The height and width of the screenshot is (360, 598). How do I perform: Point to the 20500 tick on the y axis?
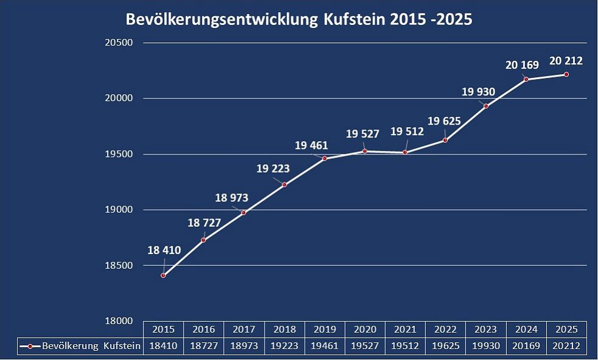[x=120, y=43]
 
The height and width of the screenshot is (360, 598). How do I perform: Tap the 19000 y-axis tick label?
[x=120, y=210]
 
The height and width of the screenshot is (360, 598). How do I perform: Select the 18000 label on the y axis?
[x=120, y=321]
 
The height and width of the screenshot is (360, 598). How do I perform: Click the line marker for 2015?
[x=163, y=275]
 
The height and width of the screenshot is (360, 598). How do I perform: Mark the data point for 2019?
[x=324, y=158]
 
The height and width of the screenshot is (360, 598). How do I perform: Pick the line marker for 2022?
[x=445, y=140]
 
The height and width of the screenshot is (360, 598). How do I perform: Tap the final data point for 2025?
[x=566, y=74]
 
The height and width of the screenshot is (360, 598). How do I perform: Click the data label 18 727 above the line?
[x=203, y=223]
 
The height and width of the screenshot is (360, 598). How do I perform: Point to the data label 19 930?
[x=478, y=92]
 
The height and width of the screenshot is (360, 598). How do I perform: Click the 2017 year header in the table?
[x=244, y=330]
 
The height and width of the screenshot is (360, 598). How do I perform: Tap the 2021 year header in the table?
[x=405, y=330]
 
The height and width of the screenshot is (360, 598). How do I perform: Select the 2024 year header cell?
[x=526, y=330]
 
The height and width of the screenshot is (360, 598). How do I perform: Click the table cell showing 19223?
[x=284, y=346]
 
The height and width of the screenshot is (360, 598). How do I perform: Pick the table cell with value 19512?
[x=405, y=346]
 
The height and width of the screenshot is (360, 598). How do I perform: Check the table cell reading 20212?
[x=566, y=346]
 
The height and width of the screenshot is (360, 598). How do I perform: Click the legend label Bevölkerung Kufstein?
[x=91, y=346]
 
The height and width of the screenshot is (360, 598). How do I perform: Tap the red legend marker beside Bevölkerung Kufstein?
[x=30, y=346]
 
